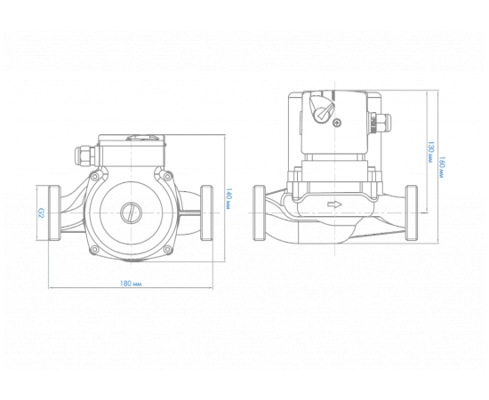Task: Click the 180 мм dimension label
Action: coord(131,284)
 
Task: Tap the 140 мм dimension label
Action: coord(228,198)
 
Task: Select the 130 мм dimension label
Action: coord(430,153)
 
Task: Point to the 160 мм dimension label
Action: coord(442,167)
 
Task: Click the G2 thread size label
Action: coord(41,213)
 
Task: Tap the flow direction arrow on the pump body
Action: coord(334,204)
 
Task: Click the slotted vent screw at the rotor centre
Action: coord(131,213)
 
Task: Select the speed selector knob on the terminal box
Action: coord(321,108)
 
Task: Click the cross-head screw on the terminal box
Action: coord(338,122)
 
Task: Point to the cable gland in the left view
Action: coord(84,156)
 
